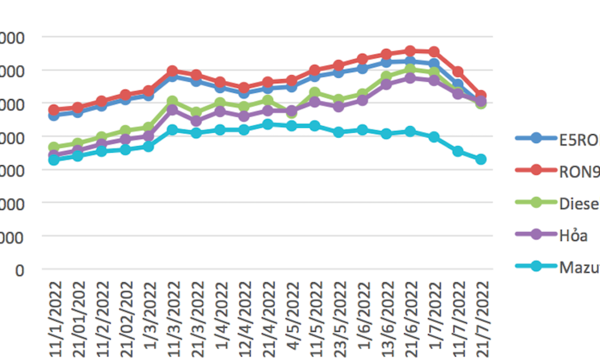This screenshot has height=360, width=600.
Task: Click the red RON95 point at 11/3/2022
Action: click(173, 71)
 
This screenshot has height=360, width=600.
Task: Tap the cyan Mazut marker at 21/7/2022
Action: click(481, 159)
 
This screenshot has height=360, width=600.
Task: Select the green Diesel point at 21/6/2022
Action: click(410, 69)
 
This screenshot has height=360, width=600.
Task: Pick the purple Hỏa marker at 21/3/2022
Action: click(196, 121)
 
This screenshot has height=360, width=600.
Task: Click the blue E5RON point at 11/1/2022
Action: click(54, 115)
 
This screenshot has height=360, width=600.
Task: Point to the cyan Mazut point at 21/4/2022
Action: click(267, 124)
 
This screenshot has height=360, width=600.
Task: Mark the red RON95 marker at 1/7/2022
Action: click(434, 52)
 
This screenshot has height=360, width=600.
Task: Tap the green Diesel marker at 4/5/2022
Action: click(291, 113)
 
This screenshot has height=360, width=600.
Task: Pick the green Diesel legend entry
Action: click(578, 203)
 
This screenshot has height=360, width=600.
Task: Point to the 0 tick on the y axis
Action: click(19, 269)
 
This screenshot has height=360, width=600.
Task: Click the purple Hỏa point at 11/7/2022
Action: click(458, 93)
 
